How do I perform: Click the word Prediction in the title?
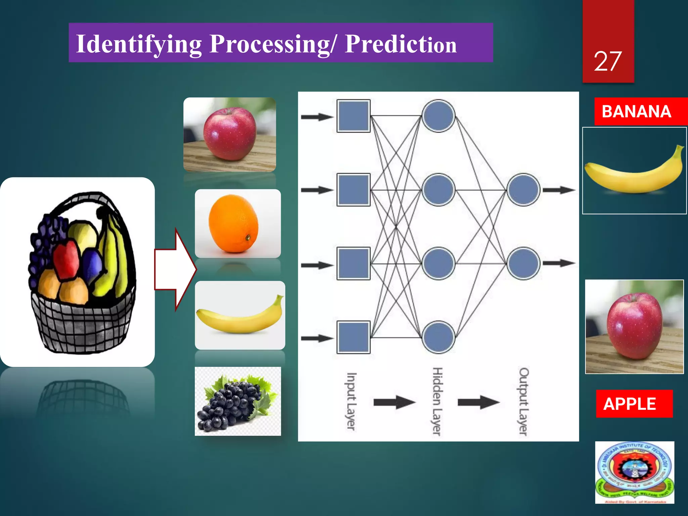point(400,44)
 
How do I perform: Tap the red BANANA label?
point(636,112)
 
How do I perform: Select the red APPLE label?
point(630,404)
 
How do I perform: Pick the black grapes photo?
point(238,401)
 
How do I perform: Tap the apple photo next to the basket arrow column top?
point(230,134)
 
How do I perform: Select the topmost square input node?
point(353,116)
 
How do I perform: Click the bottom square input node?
point(353,337)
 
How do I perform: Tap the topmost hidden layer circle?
point(438,116)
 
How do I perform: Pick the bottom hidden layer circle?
point(438,337)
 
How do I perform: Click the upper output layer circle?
point(523,190)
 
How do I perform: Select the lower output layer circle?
point(523,263)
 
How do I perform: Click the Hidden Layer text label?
point(437,401)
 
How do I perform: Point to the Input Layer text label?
point(351,401)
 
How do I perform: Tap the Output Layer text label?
point(523,401)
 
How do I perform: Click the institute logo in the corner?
point(634,472)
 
